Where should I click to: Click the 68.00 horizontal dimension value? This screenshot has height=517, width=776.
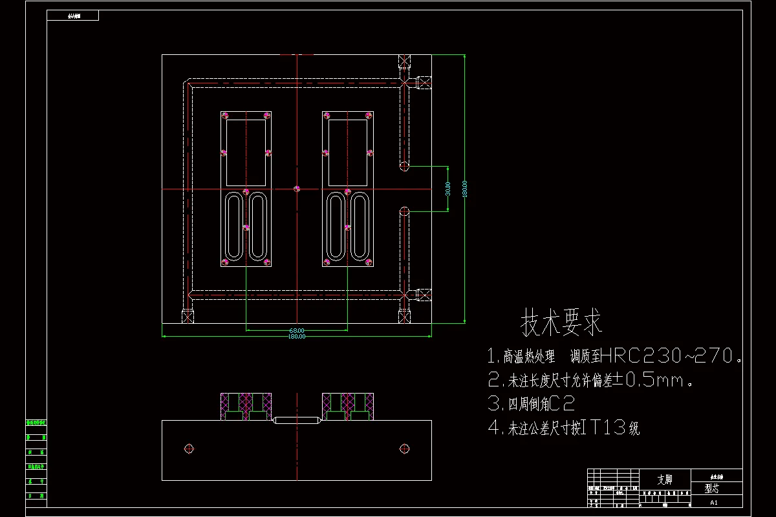297,331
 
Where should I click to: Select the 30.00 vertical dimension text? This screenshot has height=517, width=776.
447,189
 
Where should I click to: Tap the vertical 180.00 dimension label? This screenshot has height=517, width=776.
464,189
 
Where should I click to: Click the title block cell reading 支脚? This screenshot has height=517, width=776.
665,480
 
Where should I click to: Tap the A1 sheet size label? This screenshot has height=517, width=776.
714,502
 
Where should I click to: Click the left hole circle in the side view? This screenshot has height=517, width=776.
189,448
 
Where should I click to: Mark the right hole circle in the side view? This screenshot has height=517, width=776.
405,448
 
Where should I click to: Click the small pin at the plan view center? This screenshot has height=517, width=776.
297,189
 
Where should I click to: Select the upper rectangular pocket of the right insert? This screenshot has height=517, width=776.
348,153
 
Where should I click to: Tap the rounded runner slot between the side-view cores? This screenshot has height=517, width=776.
297,421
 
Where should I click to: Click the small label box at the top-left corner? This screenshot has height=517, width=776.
73,16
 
